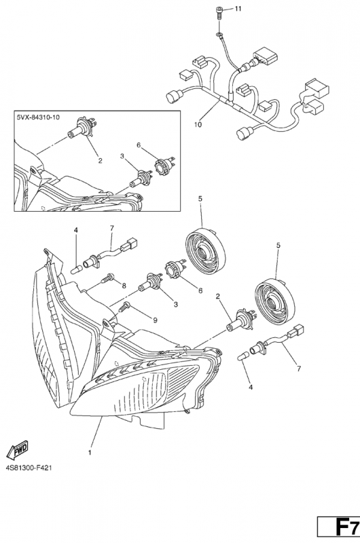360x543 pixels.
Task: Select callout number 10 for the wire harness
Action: click(198, 125)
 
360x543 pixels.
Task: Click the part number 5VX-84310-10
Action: click(38, 117)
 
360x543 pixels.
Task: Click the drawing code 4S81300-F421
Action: click(29, 468)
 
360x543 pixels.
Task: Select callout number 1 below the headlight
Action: click(90, 453)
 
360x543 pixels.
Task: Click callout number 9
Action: click(155, 320)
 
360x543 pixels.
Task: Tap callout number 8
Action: click(124, 286)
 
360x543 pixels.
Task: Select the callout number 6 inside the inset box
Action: click(139, 145)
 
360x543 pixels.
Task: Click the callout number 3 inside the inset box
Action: click(122, 157)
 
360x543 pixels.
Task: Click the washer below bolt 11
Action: click(219, 35)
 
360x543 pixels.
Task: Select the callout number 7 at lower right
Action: click(299, 369)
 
